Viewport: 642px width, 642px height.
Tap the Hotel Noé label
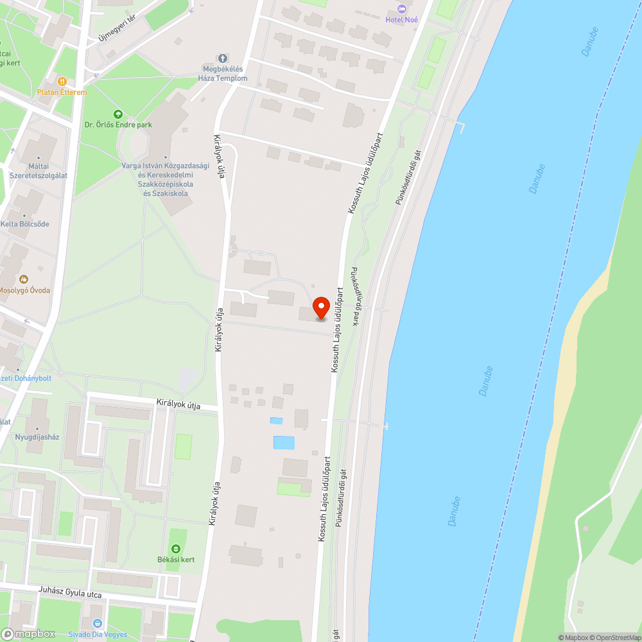click(402, 19)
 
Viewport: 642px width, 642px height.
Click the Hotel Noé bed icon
click(402, 8)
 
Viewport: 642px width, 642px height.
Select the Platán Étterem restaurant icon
click(62, 82)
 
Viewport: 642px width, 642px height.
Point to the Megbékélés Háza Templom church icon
click(223, 58)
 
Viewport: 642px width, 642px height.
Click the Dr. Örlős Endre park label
click(118, 125)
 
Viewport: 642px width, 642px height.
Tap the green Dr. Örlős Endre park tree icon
click(117, 114)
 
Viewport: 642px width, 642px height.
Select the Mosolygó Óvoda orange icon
click(24, 279)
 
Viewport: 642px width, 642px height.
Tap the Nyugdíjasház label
click(37, 437)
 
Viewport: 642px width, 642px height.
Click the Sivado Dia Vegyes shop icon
click(97, 623)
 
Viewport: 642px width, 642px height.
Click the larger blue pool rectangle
click(284, 442)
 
